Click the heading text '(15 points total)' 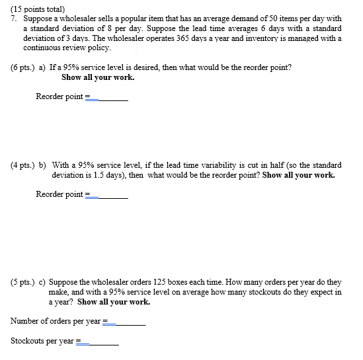coord(41,8)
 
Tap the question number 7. coord(14,18)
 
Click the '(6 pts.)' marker coord(24,68)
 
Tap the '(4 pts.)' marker coord(24,164)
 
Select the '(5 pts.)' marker coord(24,281)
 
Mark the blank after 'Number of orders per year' coord(128,322)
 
